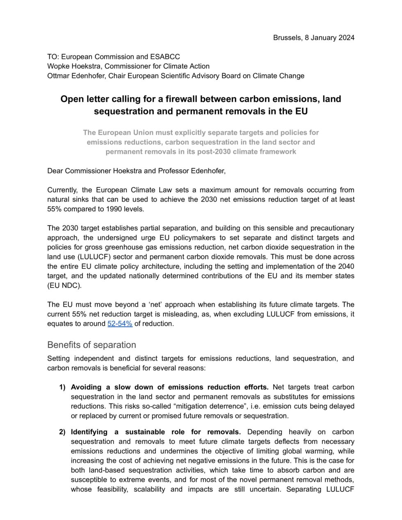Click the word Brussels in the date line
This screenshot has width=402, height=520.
[x=287, y=38]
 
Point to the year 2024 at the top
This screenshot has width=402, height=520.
[x=346, y=38]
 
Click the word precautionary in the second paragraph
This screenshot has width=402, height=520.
[x=331, y=228]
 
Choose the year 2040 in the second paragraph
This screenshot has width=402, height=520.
[x=345, y=266]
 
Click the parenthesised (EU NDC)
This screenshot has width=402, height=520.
[x=64, y=285]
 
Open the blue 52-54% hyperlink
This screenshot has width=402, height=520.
[x=120, y=324]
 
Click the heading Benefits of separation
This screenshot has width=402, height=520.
[x=91, y=344]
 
